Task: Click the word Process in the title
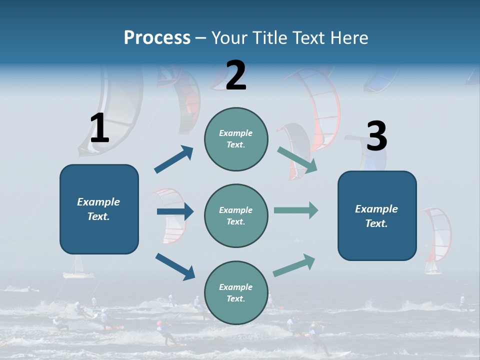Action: click(157, 37)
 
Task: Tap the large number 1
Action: click(99, 128)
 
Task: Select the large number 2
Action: click(236, 75)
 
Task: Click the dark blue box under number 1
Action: click(99, 209)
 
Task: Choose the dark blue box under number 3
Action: click(377, 215)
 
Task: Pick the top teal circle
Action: click(236, 138)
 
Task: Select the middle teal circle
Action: click(236, 215)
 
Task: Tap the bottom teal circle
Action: click(236, 292)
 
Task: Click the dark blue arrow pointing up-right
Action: click(174, 159)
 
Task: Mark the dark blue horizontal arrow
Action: click(175, 211)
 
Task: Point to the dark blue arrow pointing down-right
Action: click(175, 266)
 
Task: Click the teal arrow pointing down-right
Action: click(297, 160)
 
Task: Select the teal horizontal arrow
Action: click(296, 210)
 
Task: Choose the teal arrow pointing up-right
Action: click(294, 265)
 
